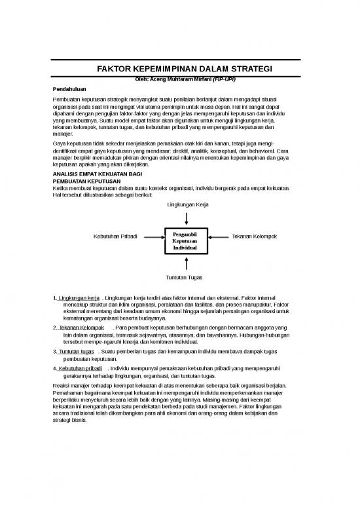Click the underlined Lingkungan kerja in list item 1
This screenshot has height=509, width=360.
pyautogui.click(x=78, y=299)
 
